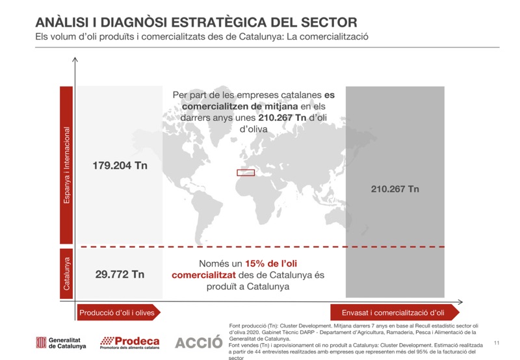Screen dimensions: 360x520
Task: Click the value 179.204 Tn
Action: coord(120,166)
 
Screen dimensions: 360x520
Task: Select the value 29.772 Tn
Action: coord(120,274)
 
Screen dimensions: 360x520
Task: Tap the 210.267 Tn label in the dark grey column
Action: coord(395,189)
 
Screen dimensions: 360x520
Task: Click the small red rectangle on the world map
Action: coord(245,173)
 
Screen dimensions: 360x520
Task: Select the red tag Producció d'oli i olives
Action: coord(118,313)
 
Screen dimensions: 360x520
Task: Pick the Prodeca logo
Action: coord(130,342)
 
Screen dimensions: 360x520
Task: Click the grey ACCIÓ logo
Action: coord(198,342)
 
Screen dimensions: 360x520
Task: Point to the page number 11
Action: coord(497,342)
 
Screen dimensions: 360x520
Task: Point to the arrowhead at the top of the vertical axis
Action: coord(76,60)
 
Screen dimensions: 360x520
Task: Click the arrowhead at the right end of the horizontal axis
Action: coord(460,301)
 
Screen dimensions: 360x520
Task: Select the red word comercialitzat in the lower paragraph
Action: coord(204,275)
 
